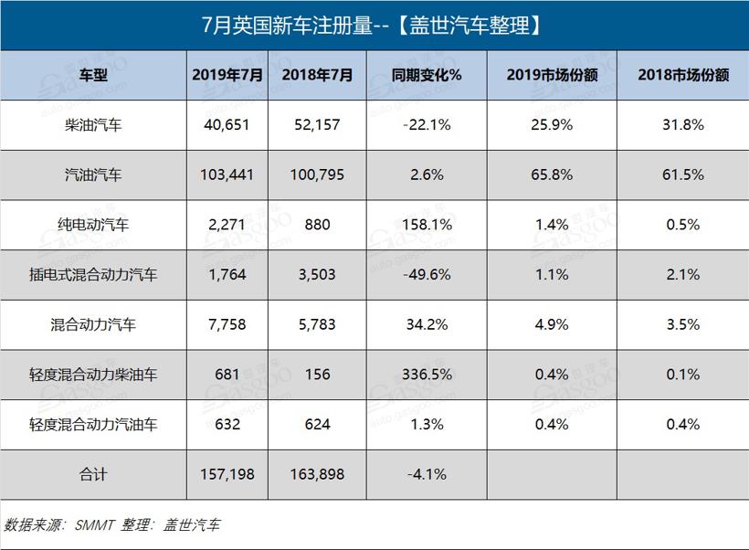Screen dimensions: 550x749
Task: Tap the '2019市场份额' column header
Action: (x=552, y=76)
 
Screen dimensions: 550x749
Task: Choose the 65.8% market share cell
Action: (x=552, y=175)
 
